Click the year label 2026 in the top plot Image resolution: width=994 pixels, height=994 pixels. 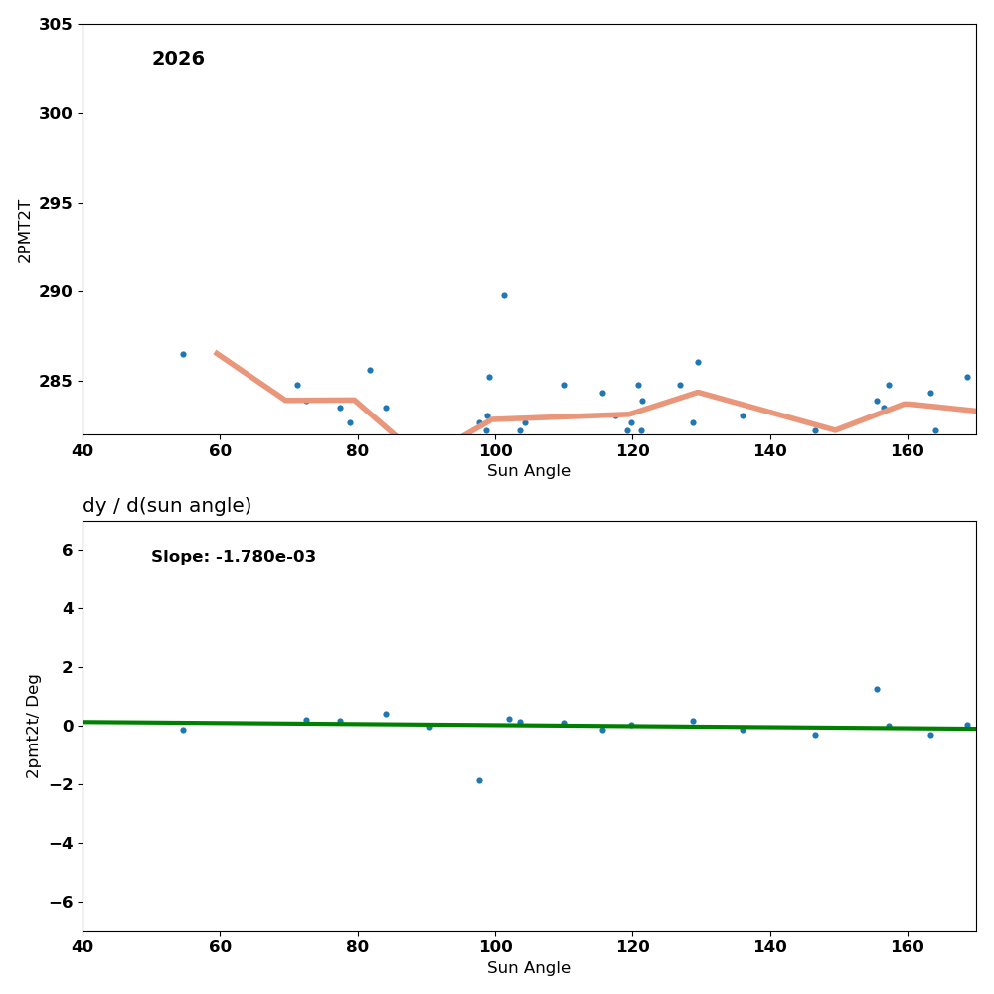point(178,59)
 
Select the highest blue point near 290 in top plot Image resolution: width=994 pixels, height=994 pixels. point(504,295)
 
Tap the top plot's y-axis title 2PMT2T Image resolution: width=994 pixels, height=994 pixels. point(25,231)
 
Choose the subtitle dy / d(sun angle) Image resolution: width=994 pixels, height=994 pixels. point(167,506)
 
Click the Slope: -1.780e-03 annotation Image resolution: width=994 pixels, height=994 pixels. point(234,557)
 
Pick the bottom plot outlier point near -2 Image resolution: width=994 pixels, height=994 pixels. point(479,780)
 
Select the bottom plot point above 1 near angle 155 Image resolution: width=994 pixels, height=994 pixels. point(877,689)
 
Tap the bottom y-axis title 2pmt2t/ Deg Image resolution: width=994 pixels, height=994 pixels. point(34,726)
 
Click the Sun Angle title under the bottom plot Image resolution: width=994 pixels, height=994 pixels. point(529,968)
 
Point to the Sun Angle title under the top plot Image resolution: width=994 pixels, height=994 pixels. point(529,471)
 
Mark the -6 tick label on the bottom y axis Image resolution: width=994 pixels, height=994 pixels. point(59,902)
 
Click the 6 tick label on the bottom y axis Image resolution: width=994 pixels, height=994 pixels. point(67,550)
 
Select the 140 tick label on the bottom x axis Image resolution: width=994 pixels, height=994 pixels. point(770,947)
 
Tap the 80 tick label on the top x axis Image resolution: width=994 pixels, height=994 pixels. point(357,450)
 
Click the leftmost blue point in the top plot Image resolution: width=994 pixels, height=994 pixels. point(183,354)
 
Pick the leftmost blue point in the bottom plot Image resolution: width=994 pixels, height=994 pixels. point(183,730)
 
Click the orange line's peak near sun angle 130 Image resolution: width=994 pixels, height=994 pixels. point(698,392)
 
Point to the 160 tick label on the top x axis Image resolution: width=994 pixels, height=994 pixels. point(908,450)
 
